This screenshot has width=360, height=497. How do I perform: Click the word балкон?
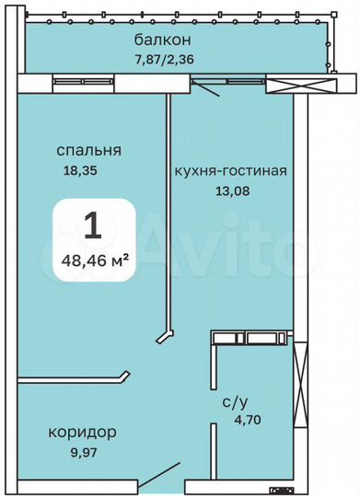[x=161, y=40]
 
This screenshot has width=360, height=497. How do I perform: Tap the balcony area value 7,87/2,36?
[x=161, y=63]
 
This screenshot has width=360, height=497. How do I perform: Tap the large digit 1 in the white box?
[x=92, y=226]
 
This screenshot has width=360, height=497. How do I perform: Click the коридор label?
[x=82, y=431]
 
